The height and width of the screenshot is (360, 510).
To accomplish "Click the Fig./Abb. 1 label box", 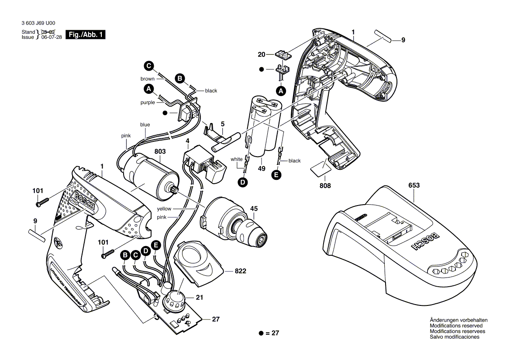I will [x=86, y=35].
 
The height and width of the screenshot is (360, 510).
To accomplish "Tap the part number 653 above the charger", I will [x=414, y=185].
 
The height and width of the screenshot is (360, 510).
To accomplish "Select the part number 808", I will [x=325, y=185].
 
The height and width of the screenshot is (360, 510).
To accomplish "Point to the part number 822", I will [x=241, y=271].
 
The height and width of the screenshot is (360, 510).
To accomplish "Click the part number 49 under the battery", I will [x=262, y=168].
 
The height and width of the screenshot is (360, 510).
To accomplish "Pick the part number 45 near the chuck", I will [x=254, y=208].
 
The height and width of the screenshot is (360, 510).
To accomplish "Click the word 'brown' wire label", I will [x=147, y=79].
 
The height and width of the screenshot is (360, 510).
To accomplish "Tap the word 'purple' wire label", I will [x=147, y=103].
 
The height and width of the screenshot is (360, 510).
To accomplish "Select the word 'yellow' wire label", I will [x=164, y=209].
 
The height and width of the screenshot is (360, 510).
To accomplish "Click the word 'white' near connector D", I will [x=237, y=159].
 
